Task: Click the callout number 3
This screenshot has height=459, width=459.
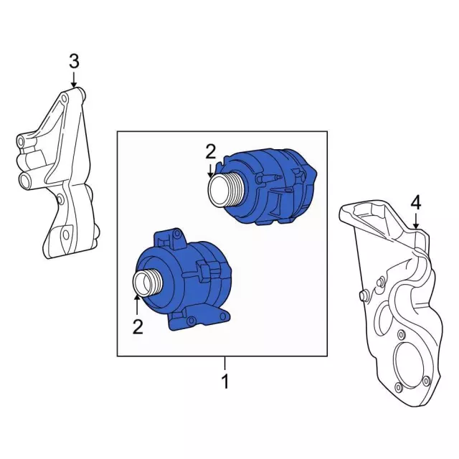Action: (x=74, y=62)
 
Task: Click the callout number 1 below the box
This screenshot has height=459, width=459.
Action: (x=225, y=381)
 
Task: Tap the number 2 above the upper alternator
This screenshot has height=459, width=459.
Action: (x=210, y=152)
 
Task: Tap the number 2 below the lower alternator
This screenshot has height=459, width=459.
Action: (x=138, y=327)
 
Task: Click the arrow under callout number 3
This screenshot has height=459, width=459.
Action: (x=74, y=79)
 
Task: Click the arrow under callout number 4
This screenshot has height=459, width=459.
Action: (x=416, y=220)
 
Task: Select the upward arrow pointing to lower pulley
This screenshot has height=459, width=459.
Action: (x=137, y=306)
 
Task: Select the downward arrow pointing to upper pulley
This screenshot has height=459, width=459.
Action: (x=210, y=170)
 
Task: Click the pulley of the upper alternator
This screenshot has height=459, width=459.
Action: (x=224, y=189)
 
